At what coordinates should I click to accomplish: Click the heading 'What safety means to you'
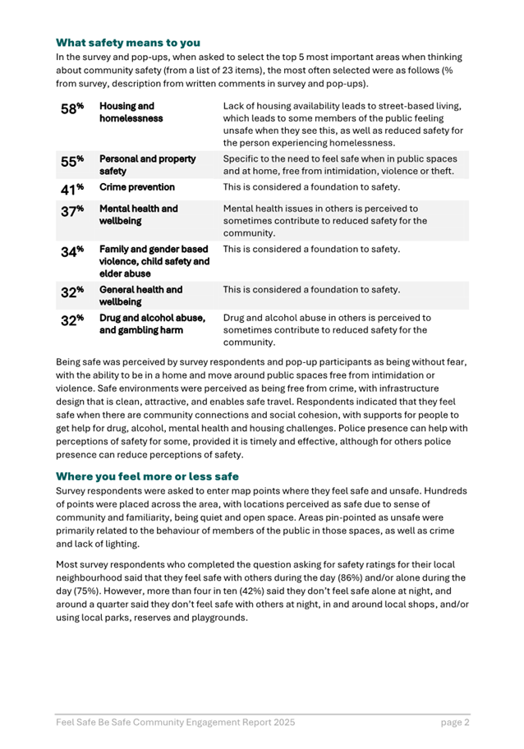pyautogui.click(x=127, y=42)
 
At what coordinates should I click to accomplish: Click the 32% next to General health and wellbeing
pyautogui.click(x=71, y=292)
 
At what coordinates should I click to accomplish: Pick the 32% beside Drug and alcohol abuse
pyautogui.click(x=71, y=321)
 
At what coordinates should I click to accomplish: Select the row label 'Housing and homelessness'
pyautogui.click(x=126, y=113)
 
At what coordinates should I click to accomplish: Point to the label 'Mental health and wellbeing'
pyautogui.click(x=138, y=214)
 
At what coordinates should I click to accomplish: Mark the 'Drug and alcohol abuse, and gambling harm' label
pyautogui.click(x=152, y=324)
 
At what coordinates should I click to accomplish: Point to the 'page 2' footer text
pyautogui.click(x=454, y=723)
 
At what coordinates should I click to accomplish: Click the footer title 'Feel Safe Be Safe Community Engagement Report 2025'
pyautogui.click(x=175, y=723)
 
